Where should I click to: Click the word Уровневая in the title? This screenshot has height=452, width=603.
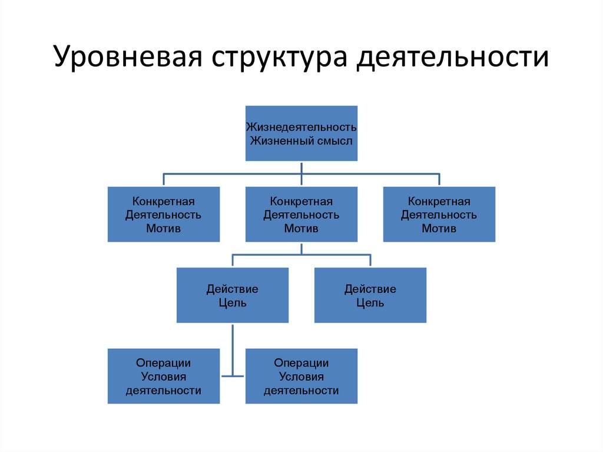pyautogui.click(x=124, y=59)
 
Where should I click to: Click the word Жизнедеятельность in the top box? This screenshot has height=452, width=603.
pyautogui.click(x=301, y=127)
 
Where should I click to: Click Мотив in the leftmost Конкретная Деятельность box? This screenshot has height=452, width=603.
pyautogui.click(x=163, y=228)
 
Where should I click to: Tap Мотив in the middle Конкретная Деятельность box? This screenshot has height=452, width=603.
pyautogui.click(x=301, y=228)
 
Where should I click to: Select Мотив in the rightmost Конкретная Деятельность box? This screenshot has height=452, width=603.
pyautogui.click(x=439, y=228)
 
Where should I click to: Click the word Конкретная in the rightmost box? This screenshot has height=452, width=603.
pyautogui.click(x=439, y=202)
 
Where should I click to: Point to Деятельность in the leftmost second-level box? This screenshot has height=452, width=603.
pyautogui.click(x=163, y=215)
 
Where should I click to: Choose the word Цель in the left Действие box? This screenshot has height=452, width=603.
pyautogui.click(x=232, y=303)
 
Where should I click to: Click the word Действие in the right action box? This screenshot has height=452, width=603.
pyautogui.click(x=370, y=289)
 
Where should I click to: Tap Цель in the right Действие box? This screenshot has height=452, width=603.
pyautogui.click(x=370, y=303)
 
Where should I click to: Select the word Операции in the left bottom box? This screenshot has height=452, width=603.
pyautogui.click(x=163, y=363)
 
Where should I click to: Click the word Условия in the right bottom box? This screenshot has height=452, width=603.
pyautogui.click(x=301, y=377)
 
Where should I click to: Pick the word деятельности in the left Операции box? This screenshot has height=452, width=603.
pyautogui.click(x=163, y=390)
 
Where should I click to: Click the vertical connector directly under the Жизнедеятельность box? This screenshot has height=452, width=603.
pyautogui.click(x=301, y=167)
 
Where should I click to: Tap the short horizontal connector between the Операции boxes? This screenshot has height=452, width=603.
pyautogui.click(x=233, y=375)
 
